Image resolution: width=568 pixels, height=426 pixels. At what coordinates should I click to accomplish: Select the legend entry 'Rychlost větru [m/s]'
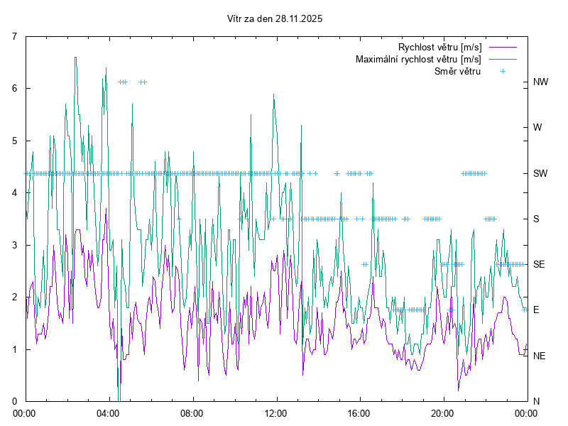(x=435, y=47)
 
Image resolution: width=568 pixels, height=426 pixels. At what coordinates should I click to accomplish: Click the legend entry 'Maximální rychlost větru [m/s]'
(x=418, y=59)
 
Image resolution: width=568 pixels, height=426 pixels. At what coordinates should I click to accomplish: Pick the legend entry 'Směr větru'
(x=457, y=71)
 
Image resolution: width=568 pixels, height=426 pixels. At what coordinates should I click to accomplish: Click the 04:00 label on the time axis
(x=108, y=413)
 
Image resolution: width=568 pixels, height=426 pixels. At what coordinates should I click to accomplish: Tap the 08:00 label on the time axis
(x=192, y=413)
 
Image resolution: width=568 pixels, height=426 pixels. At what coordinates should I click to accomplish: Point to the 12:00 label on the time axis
(x=275, y=413)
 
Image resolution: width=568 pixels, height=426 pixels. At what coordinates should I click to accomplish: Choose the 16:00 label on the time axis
(x=359, y=413)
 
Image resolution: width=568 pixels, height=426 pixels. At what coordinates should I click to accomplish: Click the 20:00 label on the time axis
(x=442, y=413)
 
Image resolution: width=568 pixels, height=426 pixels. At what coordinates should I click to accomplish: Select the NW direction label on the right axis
(x=541, y=82)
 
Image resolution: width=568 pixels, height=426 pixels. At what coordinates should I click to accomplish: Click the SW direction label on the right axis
(x=541, y=173)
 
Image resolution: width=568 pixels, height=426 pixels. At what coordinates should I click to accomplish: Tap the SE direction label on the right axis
(x=540, y=264)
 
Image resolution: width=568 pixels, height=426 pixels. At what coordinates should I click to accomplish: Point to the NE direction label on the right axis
(x=540, y=356)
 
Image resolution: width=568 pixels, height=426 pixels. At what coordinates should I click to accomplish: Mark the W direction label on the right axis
(x=537, y=128)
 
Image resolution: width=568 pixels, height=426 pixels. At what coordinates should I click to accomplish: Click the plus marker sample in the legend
(x=503, y=71)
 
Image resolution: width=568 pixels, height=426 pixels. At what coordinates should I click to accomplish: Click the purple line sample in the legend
(x=502, y=47)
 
